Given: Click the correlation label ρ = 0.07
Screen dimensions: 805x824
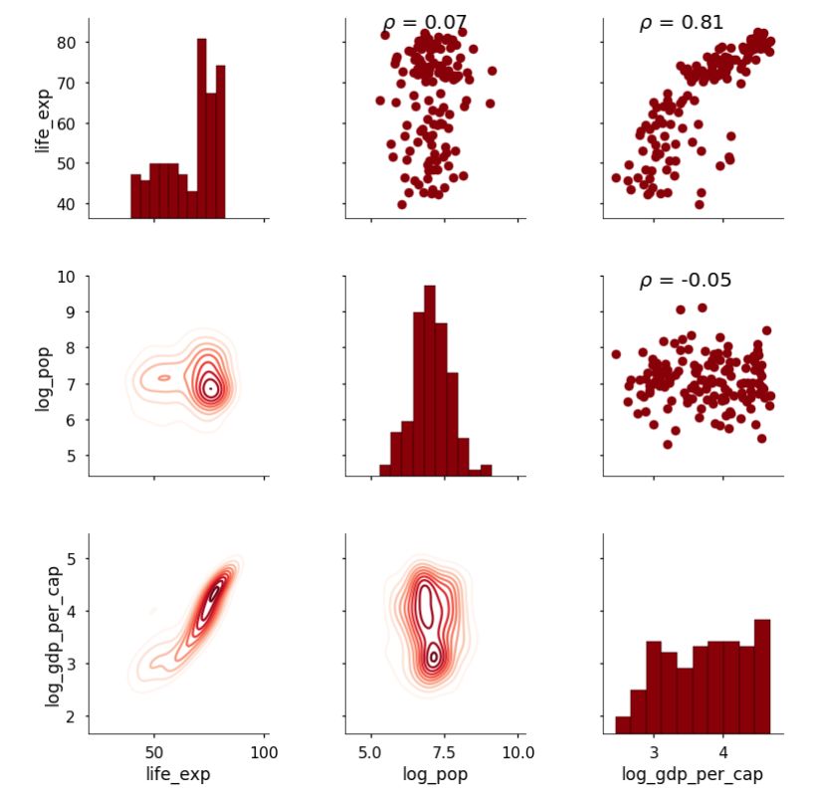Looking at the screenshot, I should click(425, 23).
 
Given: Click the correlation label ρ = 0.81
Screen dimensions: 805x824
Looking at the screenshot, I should click(682, 23).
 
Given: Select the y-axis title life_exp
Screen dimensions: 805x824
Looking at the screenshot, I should click(43, 118).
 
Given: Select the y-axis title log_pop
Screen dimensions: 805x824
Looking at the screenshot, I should click(43, 375).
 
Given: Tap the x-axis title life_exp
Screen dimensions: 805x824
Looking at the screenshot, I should click(177, 774).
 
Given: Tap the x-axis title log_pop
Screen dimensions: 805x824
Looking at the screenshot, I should click(434, 774).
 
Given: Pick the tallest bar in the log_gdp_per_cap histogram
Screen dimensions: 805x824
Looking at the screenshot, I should click(762, 676).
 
